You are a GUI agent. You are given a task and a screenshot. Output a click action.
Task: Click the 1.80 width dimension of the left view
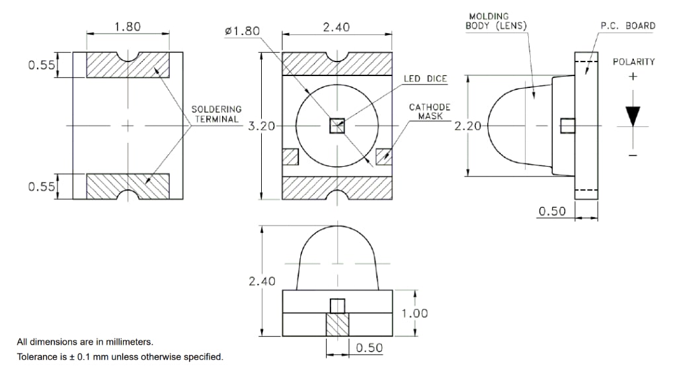[x=127, y=27]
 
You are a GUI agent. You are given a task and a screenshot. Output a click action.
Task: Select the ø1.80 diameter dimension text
[x=242, y=31]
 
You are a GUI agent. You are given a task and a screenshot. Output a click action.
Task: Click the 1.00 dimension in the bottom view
[x=415, y=313]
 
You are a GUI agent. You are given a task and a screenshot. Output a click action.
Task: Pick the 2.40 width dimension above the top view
[x=336, y=27]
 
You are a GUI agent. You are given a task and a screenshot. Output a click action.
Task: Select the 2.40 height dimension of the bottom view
[x=262, y=281]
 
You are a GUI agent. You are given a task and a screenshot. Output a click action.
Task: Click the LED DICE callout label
[x=425, y=79]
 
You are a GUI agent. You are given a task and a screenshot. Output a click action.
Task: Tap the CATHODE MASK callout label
[x=430, y=111]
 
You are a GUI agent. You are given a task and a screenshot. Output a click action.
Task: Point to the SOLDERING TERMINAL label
[x=216, y=113]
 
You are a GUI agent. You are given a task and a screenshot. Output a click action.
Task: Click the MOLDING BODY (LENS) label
[x=496, y=21]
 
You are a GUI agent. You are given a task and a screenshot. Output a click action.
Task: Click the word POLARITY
[x=633, y=62]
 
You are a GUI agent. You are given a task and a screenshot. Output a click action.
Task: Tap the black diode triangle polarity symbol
[x=633, y=116]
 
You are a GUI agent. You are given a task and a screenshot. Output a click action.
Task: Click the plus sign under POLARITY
[x=633, y=76]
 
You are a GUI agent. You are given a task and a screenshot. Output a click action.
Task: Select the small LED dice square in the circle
[x=337, y=125]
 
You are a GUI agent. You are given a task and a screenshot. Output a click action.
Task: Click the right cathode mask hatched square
[x=383, y=157]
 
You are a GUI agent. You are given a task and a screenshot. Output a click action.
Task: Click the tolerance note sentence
[x=120, y=357]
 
